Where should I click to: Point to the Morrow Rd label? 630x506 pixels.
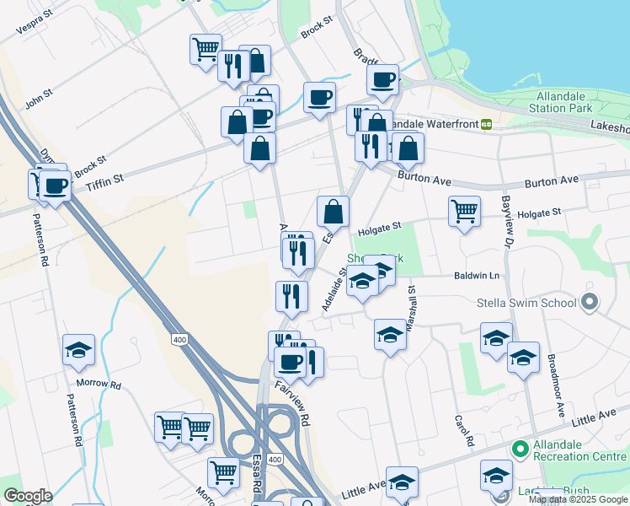[x=99, y=384]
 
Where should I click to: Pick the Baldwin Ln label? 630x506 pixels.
[x=477, y=276]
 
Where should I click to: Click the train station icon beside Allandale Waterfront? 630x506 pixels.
[x=486, y=124]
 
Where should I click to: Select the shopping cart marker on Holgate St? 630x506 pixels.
[x=465, y=211]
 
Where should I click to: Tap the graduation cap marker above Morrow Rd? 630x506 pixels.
[x=79, y=349]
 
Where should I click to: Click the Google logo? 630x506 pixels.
[x=27, y=496]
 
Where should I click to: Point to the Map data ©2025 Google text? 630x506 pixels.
[x=577, y=499]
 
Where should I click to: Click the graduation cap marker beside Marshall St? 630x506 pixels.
[x=390, y=334]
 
